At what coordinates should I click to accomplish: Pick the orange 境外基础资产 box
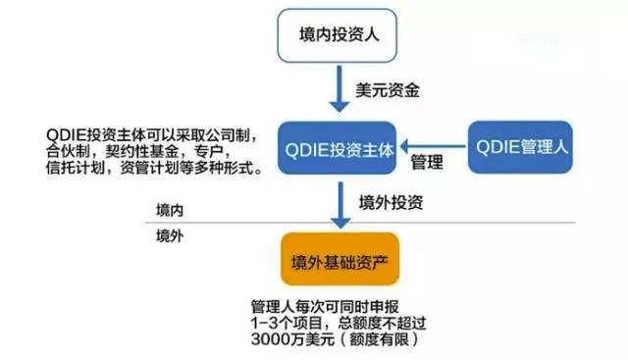[339, 259]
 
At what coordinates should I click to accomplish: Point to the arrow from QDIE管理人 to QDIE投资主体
[436, 140]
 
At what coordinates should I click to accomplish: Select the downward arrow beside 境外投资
[338, 203]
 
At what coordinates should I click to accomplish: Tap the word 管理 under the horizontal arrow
[427, 161]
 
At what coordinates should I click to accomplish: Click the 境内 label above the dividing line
[170, 212]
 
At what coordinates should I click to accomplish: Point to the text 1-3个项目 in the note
[289, 321]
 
